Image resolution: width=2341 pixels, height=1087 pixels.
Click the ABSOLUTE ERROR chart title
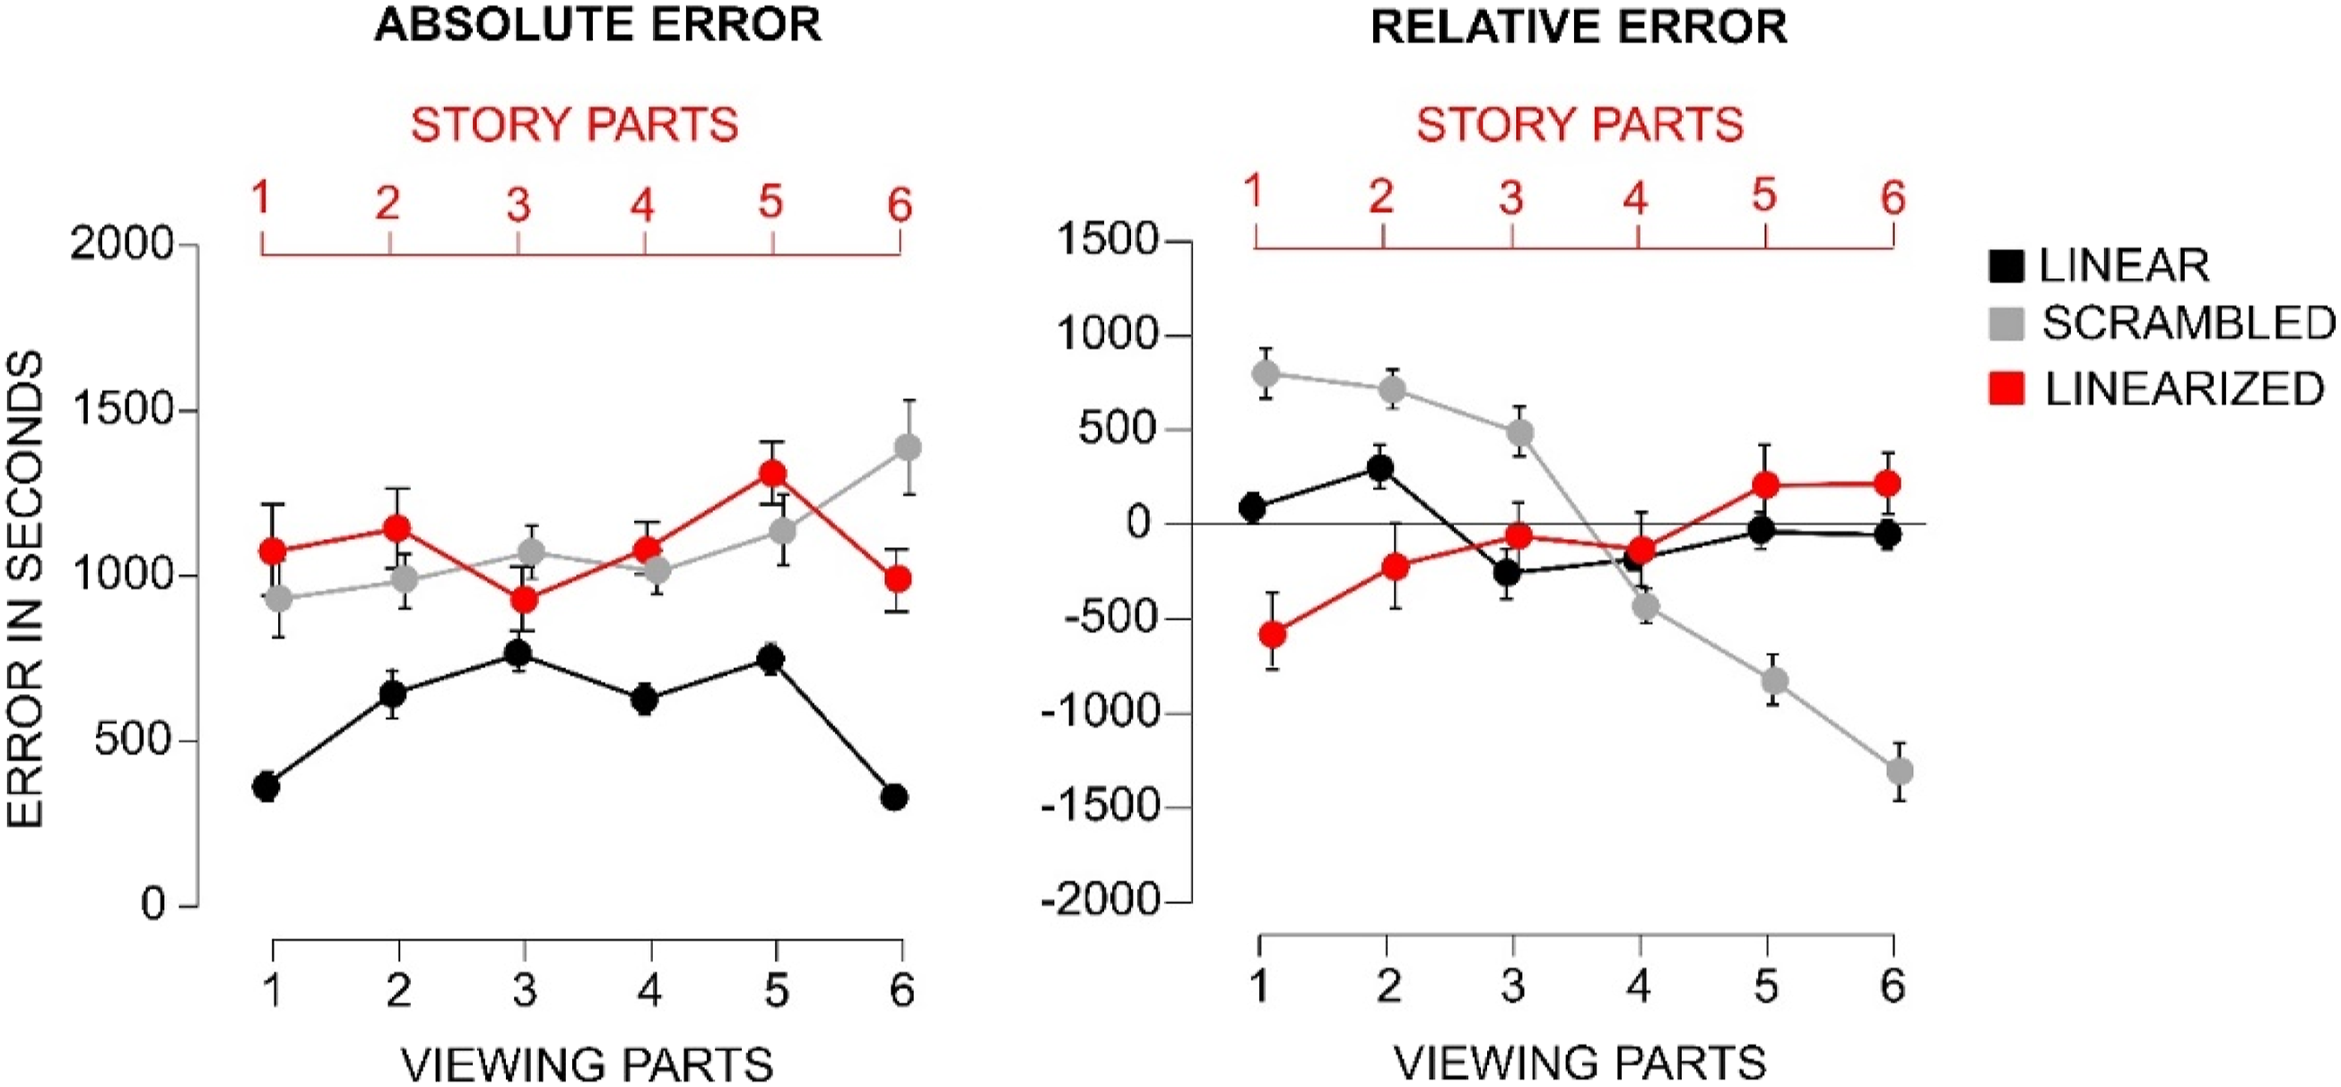pos(598,25)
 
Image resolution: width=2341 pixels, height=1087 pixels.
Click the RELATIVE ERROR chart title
pos(1579,27)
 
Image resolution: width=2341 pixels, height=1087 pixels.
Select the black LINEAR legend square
pos(2006,265)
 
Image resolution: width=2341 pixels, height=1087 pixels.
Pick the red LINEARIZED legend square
pos(2006,388)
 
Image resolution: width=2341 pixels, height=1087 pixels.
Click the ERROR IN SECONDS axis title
pos(24,590)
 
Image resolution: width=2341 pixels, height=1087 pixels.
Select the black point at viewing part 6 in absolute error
pos(894,797)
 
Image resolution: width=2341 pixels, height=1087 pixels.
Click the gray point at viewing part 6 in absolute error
pos(908,448)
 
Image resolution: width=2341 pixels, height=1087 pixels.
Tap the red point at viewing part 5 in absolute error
pos(772,474)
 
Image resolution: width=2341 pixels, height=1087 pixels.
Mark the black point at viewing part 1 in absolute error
pos(266,787)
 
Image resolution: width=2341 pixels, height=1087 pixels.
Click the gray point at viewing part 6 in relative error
pos(1900,771)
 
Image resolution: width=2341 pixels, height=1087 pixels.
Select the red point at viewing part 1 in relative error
pos(1272,633)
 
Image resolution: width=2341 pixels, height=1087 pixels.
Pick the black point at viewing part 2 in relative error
pos(1380,468)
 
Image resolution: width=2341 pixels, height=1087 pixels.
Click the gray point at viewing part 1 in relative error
pos(1265,372)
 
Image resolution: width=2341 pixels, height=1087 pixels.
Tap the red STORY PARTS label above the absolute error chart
pos(574,125)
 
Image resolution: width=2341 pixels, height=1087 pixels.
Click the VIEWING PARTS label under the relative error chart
pos(1580,1063)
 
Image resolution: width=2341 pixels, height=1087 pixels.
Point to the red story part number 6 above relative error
pos(1893,197)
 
